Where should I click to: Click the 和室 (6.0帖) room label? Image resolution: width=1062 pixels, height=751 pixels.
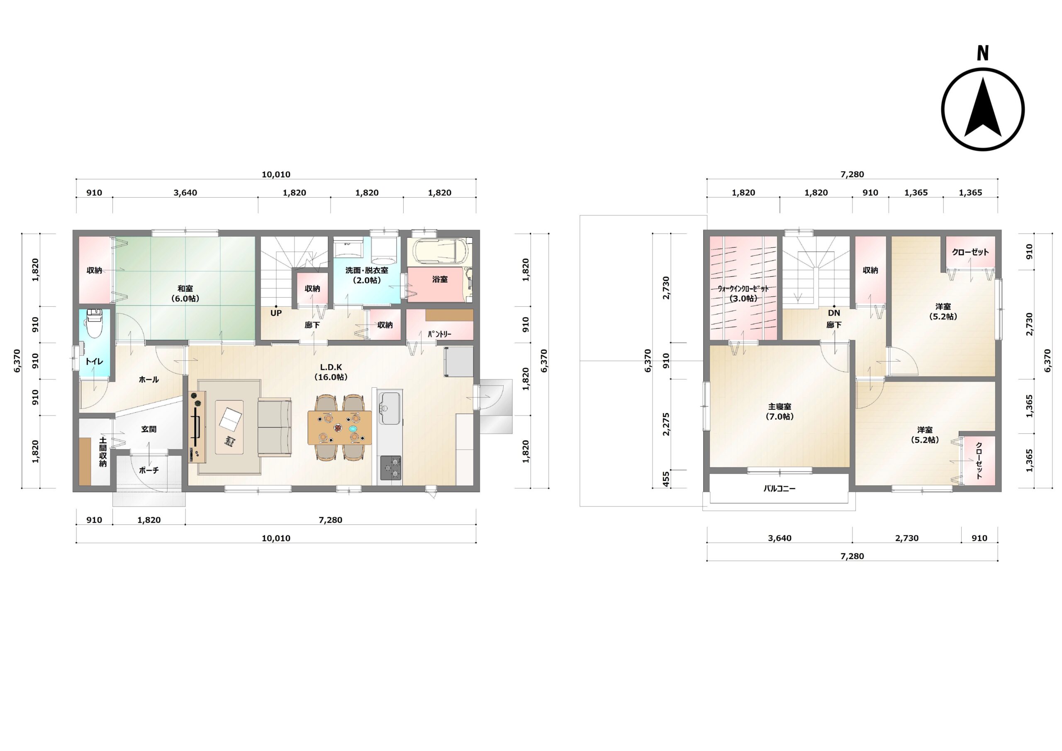tap(185, 294)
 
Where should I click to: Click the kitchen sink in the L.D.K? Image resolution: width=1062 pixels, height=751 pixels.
tap(390, 408)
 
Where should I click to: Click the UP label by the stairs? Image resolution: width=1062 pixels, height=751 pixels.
tap(276, 313)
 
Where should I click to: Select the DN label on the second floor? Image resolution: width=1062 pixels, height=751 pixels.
tap(834, 313)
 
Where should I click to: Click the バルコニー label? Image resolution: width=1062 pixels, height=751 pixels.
tap(779, 488)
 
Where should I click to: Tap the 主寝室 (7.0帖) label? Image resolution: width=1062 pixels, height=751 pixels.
tap(779, 411)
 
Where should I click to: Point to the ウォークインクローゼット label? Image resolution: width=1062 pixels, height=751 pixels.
tap(743, 289)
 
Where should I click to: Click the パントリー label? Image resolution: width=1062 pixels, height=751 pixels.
tap(439, 334)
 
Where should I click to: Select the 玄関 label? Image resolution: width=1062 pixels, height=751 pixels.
tap(149, 429)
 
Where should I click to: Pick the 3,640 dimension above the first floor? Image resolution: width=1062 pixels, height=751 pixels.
tap(185, 193)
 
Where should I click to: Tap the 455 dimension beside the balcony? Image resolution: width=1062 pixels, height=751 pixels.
tap(665, 479)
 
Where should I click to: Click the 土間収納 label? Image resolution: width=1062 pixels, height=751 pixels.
tap(103, 451)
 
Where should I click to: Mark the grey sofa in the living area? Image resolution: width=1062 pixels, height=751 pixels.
tap(274, 427)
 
